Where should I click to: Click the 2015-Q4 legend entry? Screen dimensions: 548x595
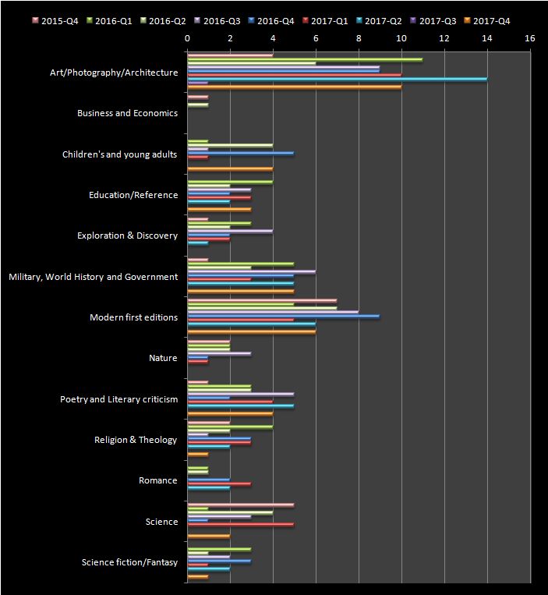[x=55, y=21]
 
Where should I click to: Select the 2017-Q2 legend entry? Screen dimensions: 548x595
[x=379, y=21]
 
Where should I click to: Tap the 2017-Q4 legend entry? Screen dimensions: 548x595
[x=487, y=21]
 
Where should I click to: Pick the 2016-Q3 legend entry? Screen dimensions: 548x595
[x=217, y=21]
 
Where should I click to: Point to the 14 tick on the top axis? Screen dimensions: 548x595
[x=487, y=38]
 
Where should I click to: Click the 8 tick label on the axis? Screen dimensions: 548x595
[x=359, y=38]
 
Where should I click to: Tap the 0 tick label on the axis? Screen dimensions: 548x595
[x=187, y=38]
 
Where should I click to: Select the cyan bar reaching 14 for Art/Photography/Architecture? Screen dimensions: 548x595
[x=338, y=80]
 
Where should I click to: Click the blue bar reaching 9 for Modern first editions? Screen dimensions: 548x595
[x=284, y=317]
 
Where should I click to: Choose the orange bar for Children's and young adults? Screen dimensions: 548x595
[x=230, y=169]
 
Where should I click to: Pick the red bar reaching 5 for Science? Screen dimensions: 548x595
[x=241, y=525]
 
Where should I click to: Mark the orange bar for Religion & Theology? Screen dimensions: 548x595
[x=198, y=454]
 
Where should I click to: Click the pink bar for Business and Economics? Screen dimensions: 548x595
[x=198, y=97]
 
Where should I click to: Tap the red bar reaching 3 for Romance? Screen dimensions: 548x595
[x=219, y=483]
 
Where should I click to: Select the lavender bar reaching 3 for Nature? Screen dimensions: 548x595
[x=219, y=354]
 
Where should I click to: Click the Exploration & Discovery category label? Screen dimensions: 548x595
[x=127, y=236]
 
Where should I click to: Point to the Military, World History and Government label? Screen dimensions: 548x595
[x=94, y=277]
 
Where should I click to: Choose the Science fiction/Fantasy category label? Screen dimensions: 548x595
[x=129, y=562]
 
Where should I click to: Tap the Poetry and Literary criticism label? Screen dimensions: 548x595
[x=119, y=399]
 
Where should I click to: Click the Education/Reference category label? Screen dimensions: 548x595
[x=133, y=195]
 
